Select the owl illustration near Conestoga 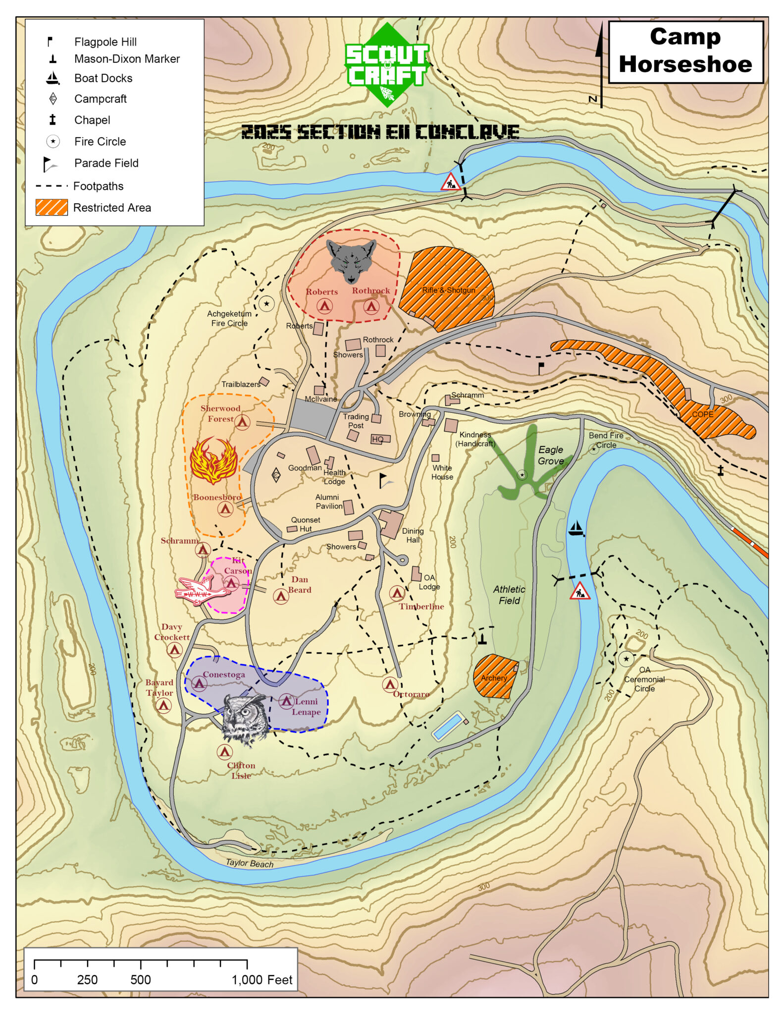coord(244,719)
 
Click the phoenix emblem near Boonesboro coord(213,460)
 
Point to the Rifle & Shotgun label coord(448,290)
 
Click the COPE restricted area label coord(702,414)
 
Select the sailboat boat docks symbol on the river coord(575,528)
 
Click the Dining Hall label coord(413,535)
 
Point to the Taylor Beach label coord(249,863)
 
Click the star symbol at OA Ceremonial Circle coord(626,659)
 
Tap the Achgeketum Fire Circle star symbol coord(266,303)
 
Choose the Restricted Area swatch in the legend coord(52,207)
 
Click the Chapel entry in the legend coord(92,120)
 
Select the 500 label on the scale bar coord(141,979)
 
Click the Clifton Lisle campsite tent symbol coord(225,752)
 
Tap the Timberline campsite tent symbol coord(397,593)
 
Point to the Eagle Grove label coord(551,455)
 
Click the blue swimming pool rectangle coord(448,726)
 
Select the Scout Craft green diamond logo coord(387,64)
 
